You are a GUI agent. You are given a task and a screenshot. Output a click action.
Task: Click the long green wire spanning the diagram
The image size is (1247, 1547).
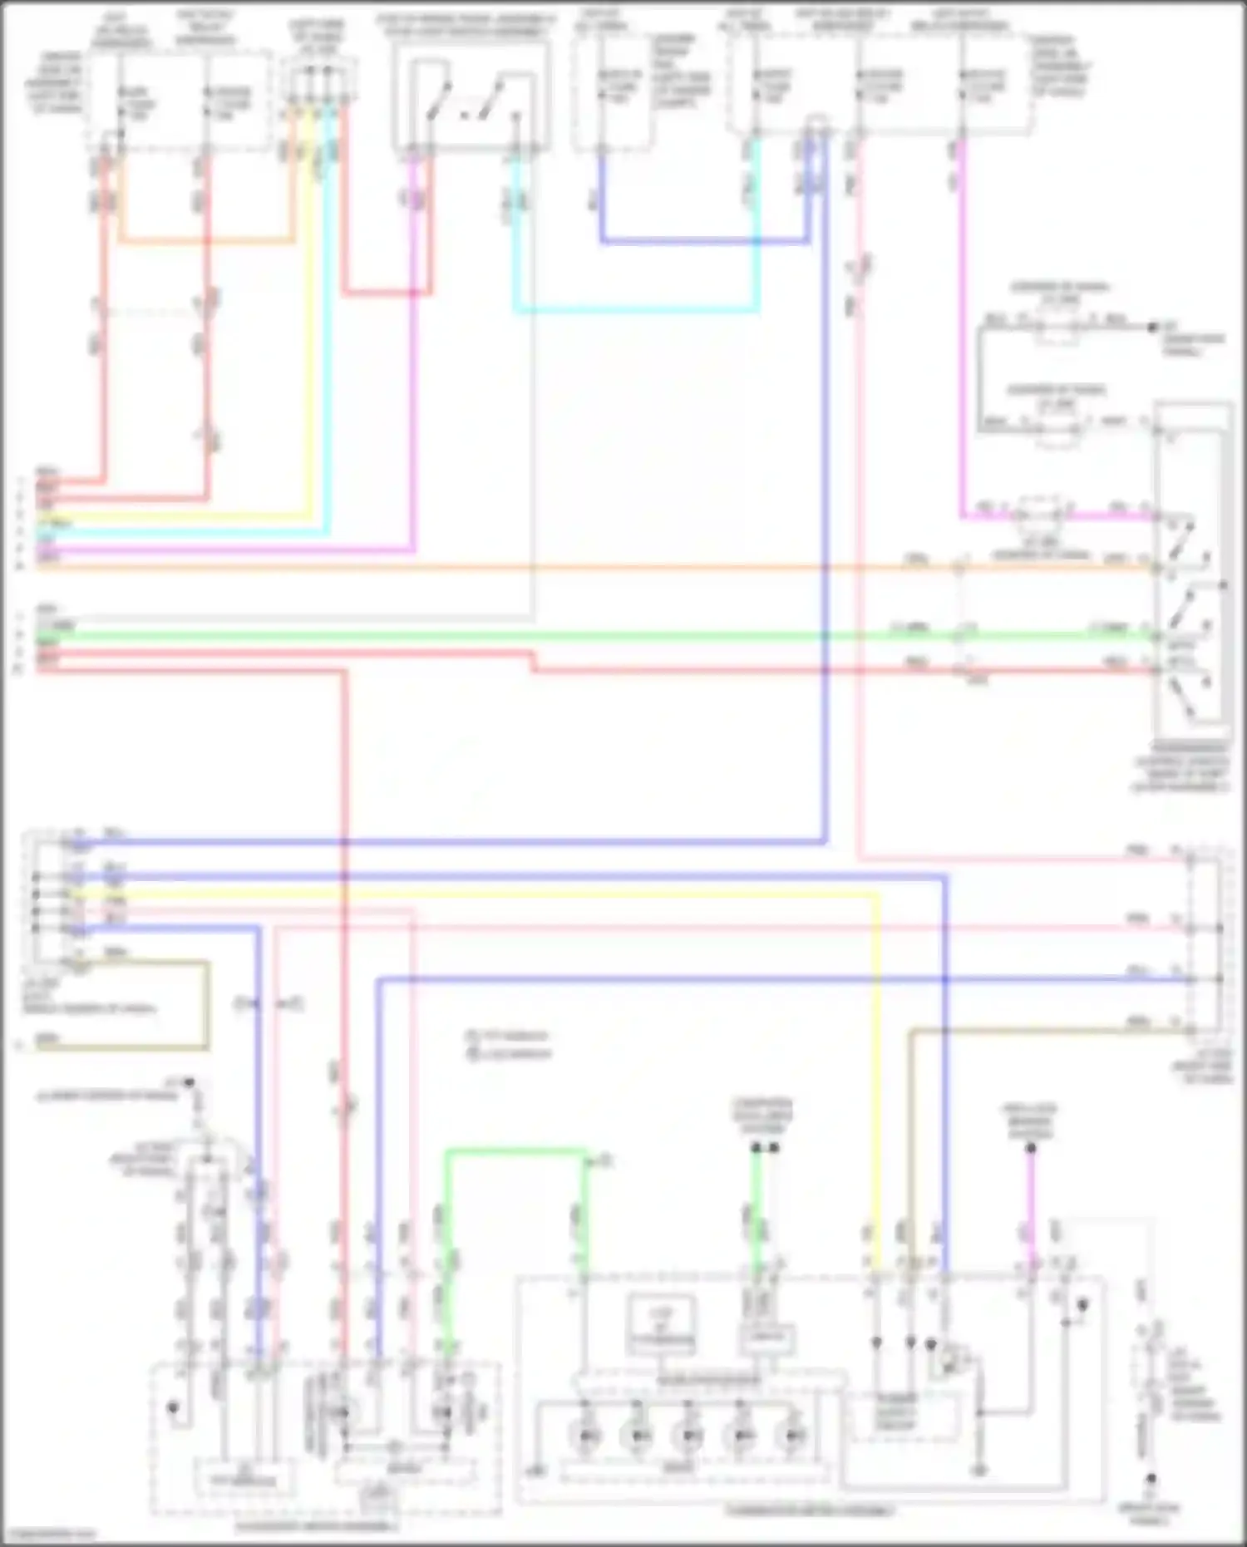coord(582,637)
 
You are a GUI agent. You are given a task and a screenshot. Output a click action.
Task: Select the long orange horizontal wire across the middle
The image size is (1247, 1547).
coord(582,569)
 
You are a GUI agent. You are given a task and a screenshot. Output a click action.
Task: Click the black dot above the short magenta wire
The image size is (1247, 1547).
coord(1031,1149)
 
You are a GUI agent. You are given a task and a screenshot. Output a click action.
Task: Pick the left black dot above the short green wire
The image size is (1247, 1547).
coord(756,1148)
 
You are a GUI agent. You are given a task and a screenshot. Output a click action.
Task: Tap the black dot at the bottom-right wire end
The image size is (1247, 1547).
coord(1151,1502)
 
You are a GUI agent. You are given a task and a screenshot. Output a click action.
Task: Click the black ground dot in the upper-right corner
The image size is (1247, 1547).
coord(1152,328)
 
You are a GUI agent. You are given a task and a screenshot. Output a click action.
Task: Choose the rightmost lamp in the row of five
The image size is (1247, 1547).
coord(794,1436)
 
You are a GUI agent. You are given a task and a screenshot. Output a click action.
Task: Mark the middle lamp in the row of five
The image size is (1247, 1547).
coord(689,1436)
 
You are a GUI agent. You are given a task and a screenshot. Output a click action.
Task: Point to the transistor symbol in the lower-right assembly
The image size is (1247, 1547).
coord(950,1363)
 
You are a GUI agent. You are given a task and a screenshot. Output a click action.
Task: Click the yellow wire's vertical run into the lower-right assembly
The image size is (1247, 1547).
coord(875,1081)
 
